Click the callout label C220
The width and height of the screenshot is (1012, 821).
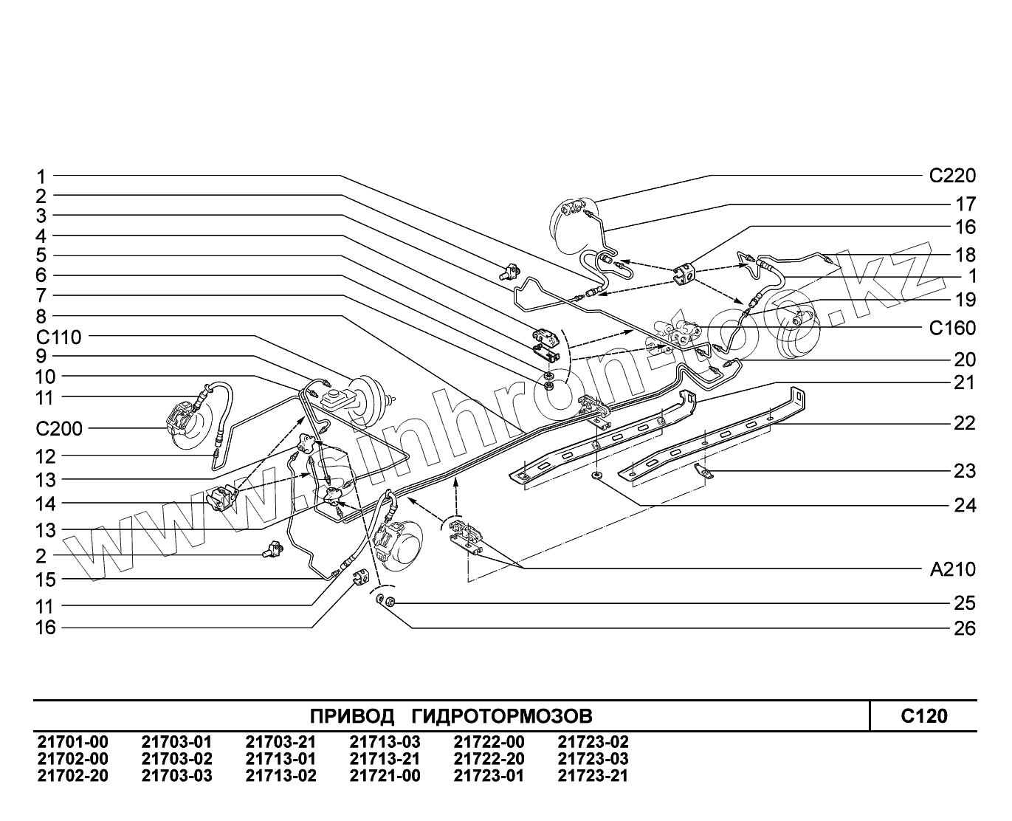(951, 176)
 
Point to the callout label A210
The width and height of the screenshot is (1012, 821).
(951, 569)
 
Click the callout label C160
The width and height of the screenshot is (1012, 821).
(951, 328)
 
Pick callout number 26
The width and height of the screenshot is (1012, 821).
(965, 628)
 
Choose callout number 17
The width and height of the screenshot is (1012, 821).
(965, 204)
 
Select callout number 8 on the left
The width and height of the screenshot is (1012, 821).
(41, 317)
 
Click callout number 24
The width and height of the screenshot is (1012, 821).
(965, 506)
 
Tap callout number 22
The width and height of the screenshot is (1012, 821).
(965, 423)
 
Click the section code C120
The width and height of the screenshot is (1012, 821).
(923, 715)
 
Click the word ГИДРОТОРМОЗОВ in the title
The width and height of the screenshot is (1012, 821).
(501, 716)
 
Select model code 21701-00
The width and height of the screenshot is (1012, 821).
(72, 742)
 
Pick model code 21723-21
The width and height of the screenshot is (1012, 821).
(593, 775)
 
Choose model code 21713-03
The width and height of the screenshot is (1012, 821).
(385, 742)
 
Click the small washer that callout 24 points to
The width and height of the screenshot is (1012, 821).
(596, 475)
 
